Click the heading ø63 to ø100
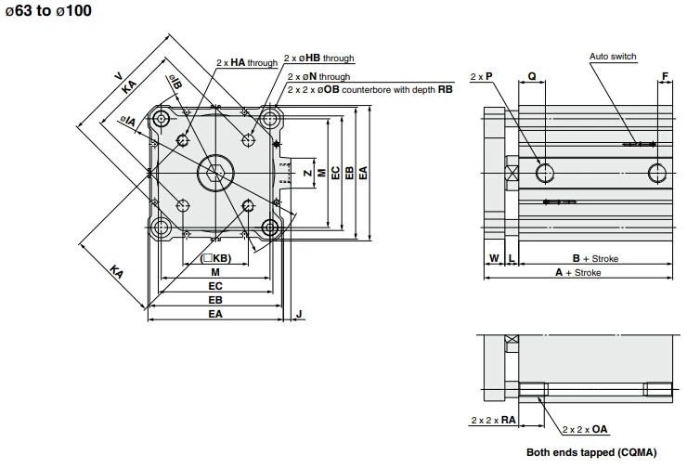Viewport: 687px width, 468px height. pyautogui.click(x=48, y=10)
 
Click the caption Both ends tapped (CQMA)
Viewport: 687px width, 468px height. pyautogui.click(x=591, y=452)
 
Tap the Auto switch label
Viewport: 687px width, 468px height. pyautogui.click(x=613, y=56)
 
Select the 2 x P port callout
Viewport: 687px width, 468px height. pyautogui.click(x=481, y=76)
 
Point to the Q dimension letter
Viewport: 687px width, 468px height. pyautogui.click(x=532, y=76)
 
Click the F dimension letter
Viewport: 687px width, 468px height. pyautogui.click(x=665, y=76)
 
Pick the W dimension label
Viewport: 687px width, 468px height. pyautogui.click(x=494, y=258)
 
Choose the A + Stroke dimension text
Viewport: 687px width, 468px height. pyautogui.click(x=577, y=273)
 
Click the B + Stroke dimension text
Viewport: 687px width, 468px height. pyautogui.click(x=595, y=258)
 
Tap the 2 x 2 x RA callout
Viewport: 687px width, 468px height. pyautogui.click(x=493, y=421)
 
